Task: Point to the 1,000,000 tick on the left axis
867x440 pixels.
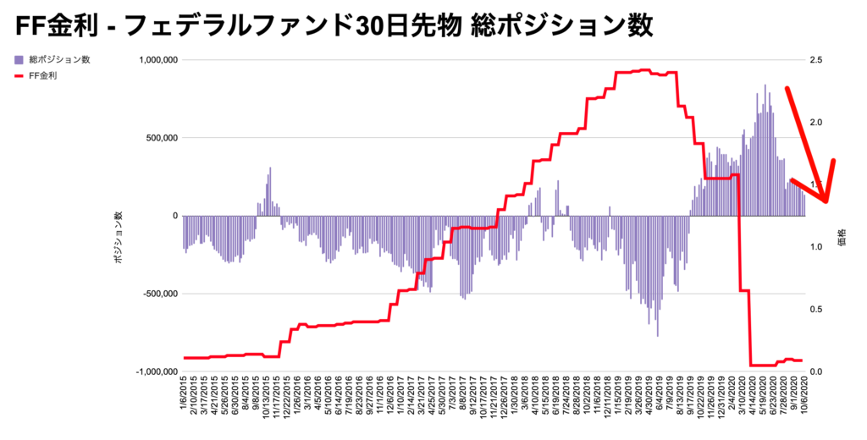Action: pyautogui.click(x=153, y=60)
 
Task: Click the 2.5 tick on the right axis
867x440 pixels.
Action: pyautogui.click(x=815, y=60)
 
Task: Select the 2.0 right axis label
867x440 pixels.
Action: pyautogui.click(x=815, y=123)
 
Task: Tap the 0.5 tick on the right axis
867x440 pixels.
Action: pyautogui.click(x=815, y=310)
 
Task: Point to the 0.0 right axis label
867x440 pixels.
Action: pyautogui.click(x=815, y=371)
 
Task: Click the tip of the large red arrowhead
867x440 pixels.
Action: pyautogui.click(x=826, y=201)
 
